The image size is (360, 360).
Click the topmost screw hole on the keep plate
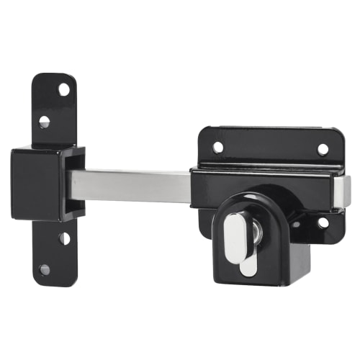63,89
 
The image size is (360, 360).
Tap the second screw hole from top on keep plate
45,121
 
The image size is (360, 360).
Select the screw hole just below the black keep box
64,237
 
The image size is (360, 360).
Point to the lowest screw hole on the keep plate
45,269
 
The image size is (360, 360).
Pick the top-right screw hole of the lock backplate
323,149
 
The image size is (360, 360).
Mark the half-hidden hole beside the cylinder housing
295,224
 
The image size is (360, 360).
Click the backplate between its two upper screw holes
270,148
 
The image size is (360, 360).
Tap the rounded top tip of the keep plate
56,76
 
